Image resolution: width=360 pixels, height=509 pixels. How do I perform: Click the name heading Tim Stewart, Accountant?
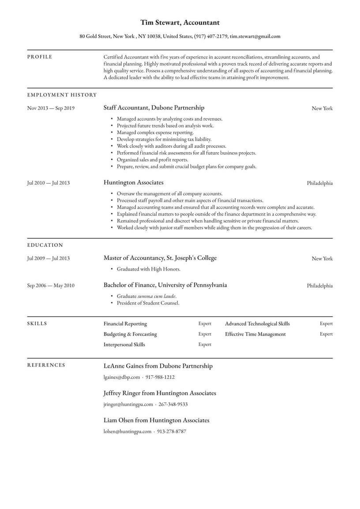(x=180, y=23)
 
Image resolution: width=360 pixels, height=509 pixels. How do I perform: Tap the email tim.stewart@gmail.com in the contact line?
(x=255, y=37)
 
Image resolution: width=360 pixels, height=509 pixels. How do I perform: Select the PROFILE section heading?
(x=40, y=57)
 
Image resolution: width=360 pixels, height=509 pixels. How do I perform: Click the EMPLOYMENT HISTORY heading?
(x=62, y=95)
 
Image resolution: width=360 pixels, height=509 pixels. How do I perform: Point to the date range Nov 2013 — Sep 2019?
(x=51, y=108)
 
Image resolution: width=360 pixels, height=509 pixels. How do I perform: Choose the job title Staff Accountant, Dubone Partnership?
(x=154, y=108)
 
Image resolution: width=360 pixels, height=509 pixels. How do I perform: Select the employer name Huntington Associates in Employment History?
(x=133, y=182)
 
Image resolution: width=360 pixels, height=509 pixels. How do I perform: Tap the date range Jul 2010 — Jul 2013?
(x=48, y=183)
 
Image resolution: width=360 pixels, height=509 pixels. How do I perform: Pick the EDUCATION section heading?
(x=45, y=245)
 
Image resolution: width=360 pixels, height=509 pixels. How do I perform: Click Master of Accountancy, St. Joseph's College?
(x=160, y=258)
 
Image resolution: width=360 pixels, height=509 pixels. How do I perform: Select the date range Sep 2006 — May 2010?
(x=51, y=286)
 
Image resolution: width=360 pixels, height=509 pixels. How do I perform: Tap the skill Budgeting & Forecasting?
(x=130, y=334)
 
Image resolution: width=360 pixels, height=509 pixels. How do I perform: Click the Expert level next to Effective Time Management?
(x=326, y=334)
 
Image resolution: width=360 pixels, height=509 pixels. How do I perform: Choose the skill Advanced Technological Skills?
(x=257, y=324)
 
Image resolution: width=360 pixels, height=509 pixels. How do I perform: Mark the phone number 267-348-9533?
(x=173, y=404)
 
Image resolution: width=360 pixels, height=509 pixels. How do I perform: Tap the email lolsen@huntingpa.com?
(x=127, y=432)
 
